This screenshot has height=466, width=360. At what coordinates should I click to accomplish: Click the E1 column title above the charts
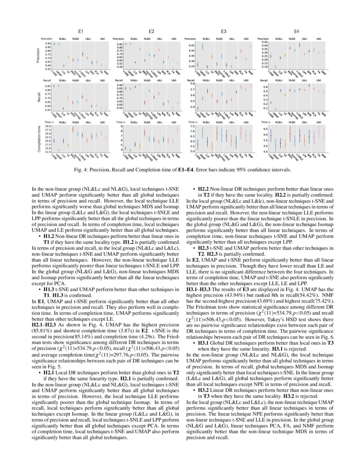click(x=80, y=31)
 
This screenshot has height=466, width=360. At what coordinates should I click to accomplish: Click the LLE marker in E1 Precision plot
click(x=64, y=66)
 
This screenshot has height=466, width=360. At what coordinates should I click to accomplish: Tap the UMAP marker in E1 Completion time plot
click(x=58, y=150)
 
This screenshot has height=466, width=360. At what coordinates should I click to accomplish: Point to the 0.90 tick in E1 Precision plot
click(x=48, y=44)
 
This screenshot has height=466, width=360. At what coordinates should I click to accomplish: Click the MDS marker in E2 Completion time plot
click(x=144, y=133)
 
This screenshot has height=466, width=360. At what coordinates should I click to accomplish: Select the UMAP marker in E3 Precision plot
click(x=202, y=47)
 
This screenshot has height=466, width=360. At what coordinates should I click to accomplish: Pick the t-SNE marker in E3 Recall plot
click(x=197, y=108)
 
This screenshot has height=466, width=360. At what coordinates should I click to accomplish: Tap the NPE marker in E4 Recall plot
click(x=309, y=86)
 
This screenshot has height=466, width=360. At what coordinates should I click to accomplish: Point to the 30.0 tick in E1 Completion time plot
click(x=47, y=126)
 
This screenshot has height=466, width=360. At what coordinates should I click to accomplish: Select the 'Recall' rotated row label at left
click(x=38, y=96)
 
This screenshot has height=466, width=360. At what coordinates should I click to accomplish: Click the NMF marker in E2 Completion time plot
click(x=177, y=131)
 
